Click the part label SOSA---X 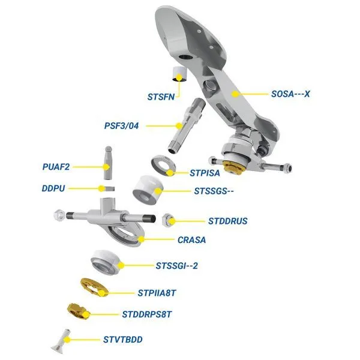click(x=290, y=94)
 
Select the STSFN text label click(x=161, y=97)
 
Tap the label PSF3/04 click(x=121, y=126)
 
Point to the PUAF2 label click(x=56, y=167)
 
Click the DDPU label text click(x=53, y=188)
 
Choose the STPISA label click(x=205, y=173)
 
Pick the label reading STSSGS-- click(x=214, y=191)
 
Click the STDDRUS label click(x=228, y=221)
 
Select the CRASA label click(x=192, y=240)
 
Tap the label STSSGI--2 click(x=176, y=266)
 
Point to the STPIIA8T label click(x=157, y=293)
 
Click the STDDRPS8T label click(x=147, y=314)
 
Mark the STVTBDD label click(x=123, y=340)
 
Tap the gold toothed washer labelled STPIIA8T click(x=94, y=287)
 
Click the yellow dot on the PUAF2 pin click(x=106, y=167)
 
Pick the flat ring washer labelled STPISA click(x=163, y=166)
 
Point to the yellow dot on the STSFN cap click(x=179, y=77)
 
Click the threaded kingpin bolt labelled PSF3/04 click(x=185, y=126)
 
